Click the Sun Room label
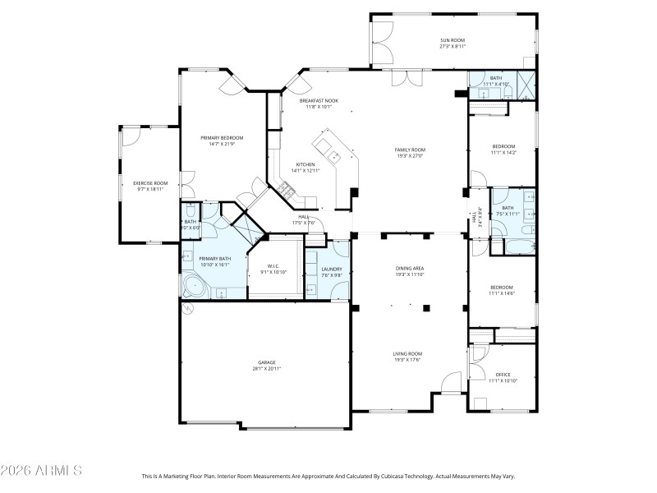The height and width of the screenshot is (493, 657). [453, 39]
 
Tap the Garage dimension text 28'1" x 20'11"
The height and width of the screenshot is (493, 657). [266, 369]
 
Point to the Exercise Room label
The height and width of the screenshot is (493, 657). [150, 182]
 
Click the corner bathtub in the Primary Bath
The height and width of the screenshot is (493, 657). [195, 287]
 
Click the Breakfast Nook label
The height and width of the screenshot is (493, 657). [319, 100]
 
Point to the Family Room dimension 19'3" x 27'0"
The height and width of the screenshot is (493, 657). [409, 156]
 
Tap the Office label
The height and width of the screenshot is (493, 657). [503, 374]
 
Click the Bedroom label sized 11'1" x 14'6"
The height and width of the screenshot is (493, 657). [503, 287]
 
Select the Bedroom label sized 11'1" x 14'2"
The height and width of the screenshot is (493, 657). [503, 146]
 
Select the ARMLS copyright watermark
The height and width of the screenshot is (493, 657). [41, 471]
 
